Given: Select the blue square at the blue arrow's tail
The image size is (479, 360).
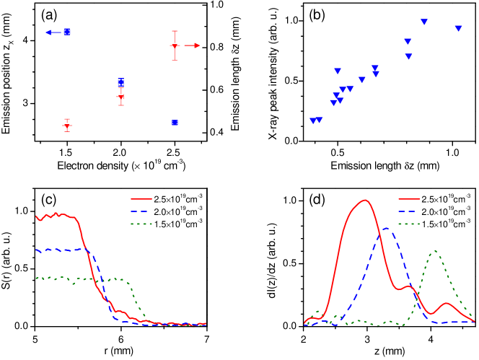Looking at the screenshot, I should pos(67,32).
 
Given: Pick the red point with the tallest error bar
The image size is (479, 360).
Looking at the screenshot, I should pos(175,45).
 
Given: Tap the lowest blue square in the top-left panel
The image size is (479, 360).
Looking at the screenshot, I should pos(175,123).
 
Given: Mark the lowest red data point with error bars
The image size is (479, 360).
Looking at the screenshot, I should pos(67,126).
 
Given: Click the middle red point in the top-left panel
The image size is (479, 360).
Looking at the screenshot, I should pos(120,96).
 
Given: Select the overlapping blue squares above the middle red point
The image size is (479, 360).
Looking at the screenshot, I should pos(120,82).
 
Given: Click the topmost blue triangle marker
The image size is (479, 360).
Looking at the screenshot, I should pos(424,22).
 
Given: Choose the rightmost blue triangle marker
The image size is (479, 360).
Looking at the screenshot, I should pos(458,28).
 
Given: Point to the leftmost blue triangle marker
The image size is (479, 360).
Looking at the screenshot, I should pos(313,120).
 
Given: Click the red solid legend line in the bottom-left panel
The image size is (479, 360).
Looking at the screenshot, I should pos(141,198).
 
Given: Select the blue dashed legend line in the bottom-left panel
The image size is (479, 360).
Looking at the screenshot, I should pos(141,211).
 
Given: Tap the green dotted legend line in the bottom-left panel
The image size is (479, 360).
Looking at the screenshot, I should pos(141,224).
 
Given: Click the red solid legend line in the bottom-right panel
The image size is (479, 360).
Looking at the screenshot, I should pos(409,198).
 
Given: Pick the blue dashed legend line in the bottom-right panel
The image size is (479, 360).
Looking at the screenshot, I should pos(409,211).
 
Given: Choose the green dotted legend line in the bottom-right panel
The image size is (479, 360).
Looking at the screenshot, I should pos(409,224).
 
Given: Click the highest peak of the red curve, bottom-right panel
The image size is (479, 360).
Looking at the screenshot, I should pos(365,201).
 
